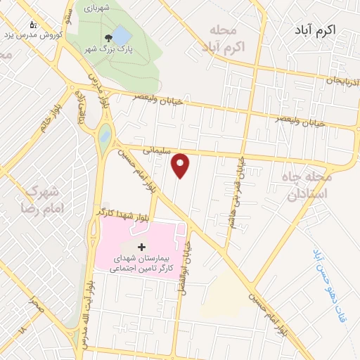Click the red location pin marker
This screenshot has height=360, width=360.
pos(181,165)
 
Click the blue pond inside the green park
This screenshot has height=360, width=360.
pos(121,34)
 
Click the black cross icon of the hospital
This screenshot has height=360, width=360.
pos(142,246)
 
